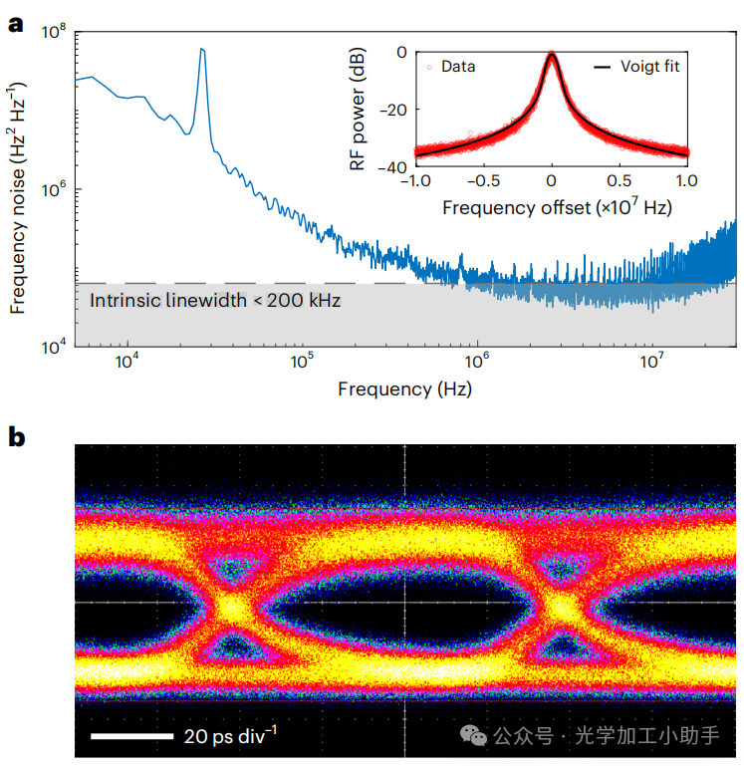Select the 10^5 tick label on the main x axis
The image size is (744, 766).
click(x=302, y=362)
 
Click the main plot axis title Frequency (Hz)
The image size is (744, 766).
click(x=404, y=388)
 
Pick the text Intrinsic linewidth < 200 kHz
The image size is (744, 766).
click(x=215, y=300)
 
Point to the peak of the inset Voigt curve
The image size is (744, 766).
click(x=551, y=54)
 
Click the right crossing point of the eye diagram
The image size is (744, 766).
click(x=561, y=605)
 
